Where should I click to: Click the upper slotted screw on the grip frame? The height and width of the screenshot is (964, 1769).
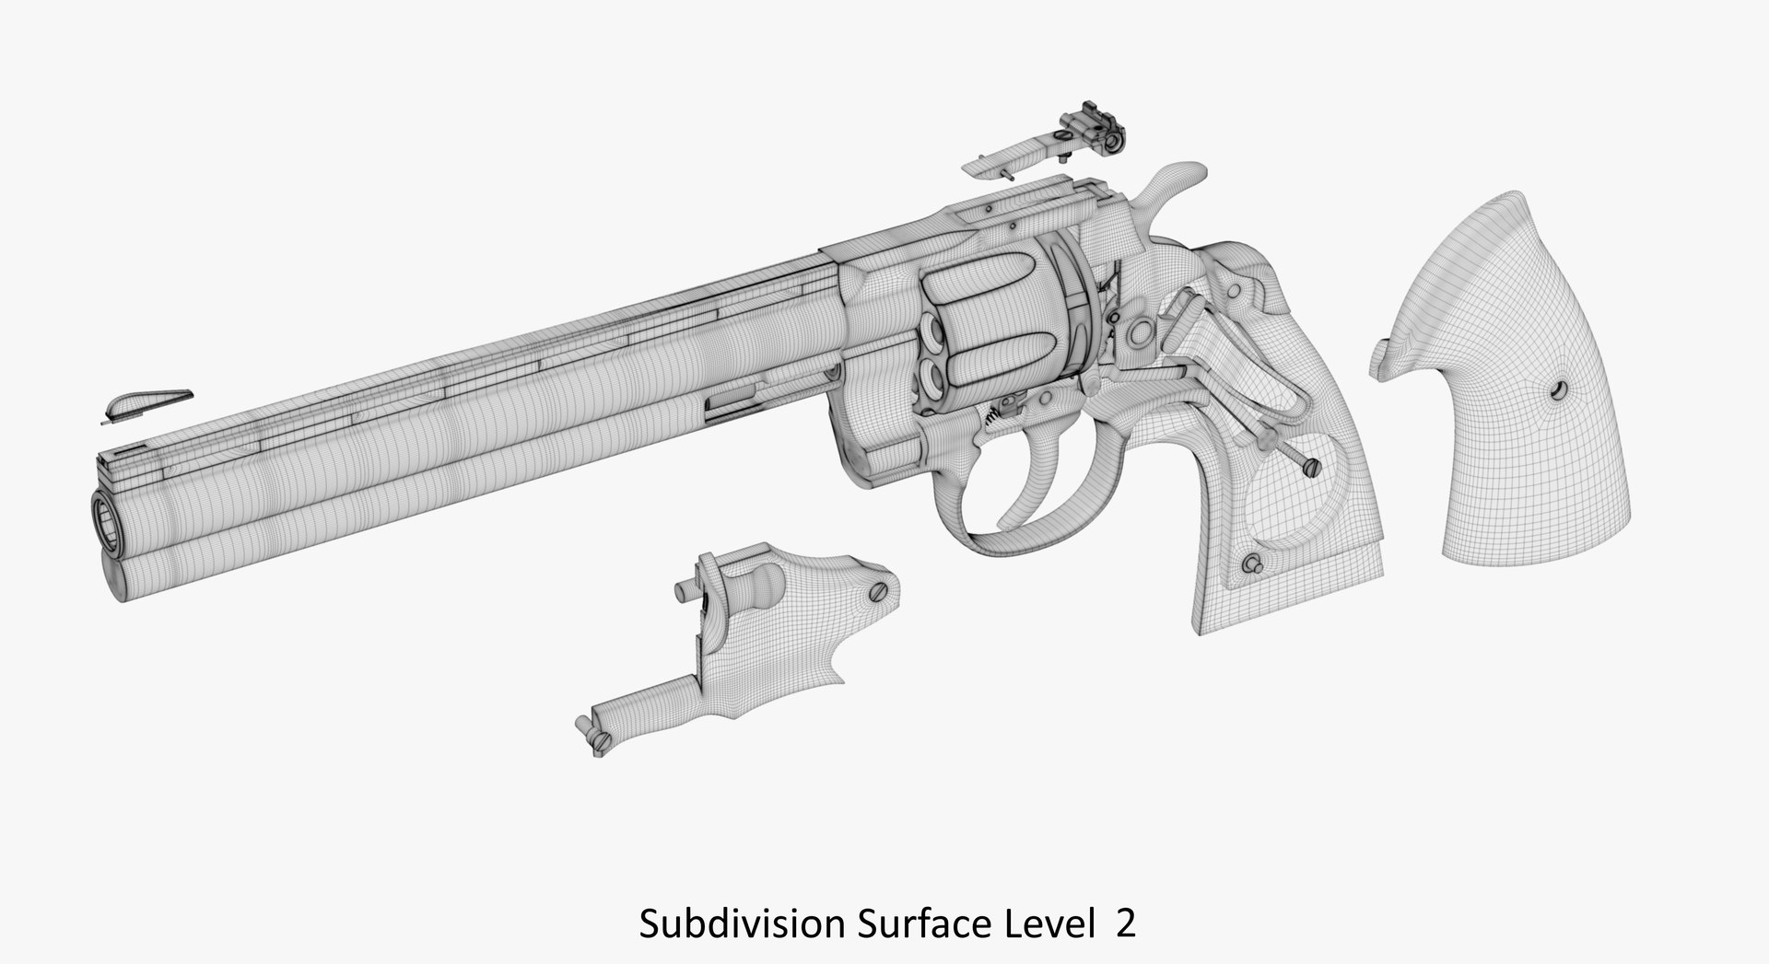1311,470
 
